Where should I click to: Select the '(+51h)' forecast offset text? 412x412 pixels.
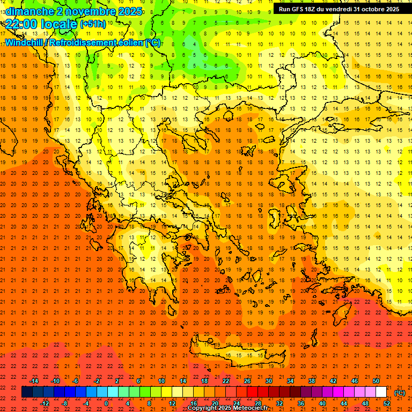coord(93,24)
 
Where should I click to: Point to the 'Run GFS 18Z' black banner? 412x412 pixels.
coord(339,9)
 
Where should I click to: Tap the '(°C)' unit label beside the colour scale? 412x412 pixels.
coord(400,393)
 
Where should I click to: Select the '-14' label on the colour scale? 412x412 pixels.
coord(34,381)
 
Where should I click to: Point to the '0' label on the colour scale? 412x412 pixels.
coord(106,403)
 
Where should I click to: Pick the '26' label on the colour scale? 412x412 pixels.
coord(247,381)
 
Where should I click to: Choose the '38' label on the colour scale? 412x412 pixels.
coord(311,381)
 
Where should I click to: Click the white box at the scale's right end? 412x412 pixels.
coord(381,392)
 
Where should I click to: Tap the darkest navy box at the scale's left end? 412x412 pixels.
coord(27,392)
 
